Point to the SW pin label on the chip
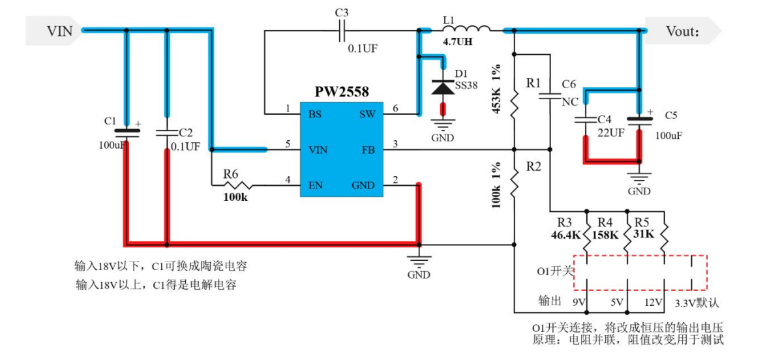tap(367, 114)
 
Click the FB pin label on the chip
tap(368, 150)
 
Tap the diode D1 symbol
tap(443, 85)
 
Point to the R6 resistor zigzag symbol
tap(242, 185)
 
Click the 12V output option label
tap(653, 303)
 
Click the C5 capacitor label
tap(672, 115)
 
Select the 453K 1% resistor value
tap(497, 89)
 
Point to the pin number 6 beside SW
tap(395, 108)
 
